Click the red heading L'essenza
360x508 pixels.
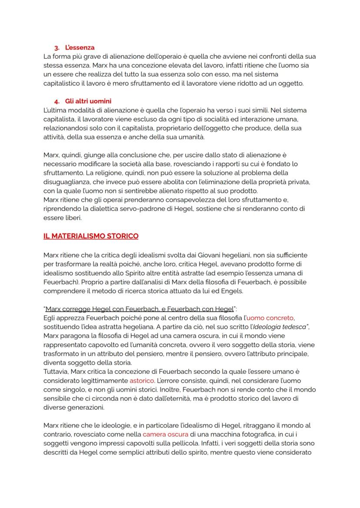[80, 47]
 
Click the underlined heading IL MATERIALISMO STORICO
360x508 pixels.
[91, 236]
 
